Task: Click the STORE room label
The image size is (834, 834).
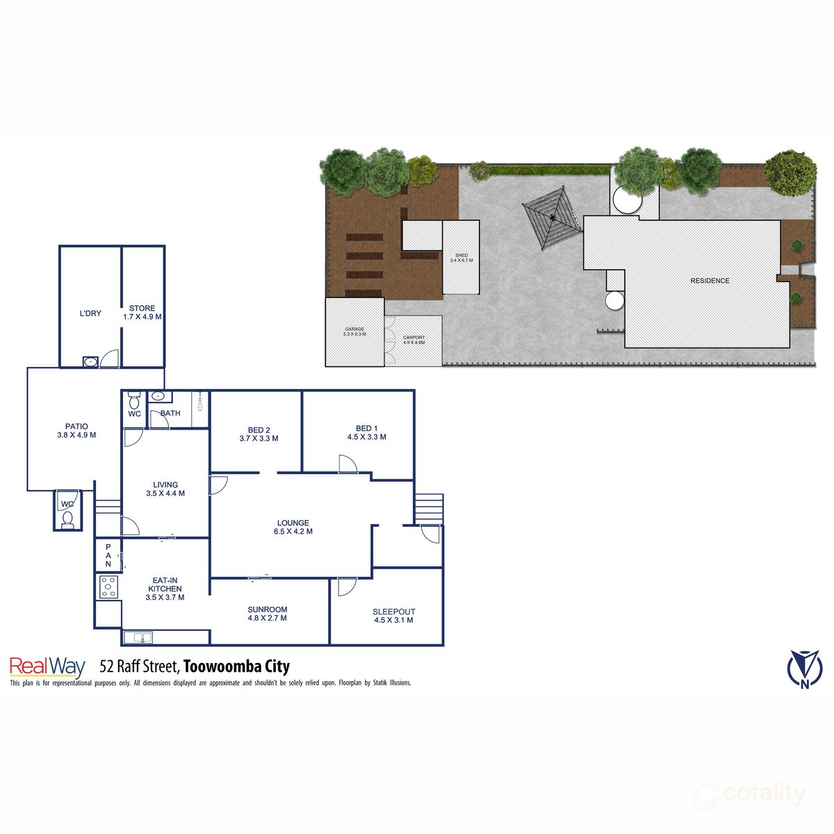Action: [x=142, y=309]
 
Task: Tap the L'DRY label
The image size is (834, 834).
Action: [x=90, y=313]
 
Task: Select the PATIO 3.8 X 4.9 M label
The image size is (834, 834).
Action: [x=76, y=431]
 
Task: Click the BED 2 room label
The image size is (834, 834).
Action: [x=259, y=429]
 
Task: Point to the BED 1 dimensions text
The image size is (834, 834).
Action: [x=367, y=437]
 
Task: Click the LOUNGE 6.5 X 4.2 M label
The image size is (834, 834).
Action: [x=293, y=527]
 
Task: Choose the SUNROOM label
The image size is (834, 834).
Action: [x=268, y=610]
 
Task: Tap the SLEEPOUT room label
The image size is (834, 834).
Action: [x=394, y=612]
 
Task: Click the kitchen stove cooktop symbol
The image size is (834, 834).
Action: [x=108, y=587]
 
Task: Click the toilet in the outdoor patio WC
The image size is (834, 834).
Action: [x=67, y=518]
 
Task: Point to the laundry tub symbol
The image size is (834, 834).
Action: [x=90, y=361]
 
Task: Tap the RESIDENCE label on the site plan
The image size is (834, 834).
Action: [x=710, y=281]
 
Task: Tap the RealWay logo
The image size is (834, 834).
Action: [x=47, y=667]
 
